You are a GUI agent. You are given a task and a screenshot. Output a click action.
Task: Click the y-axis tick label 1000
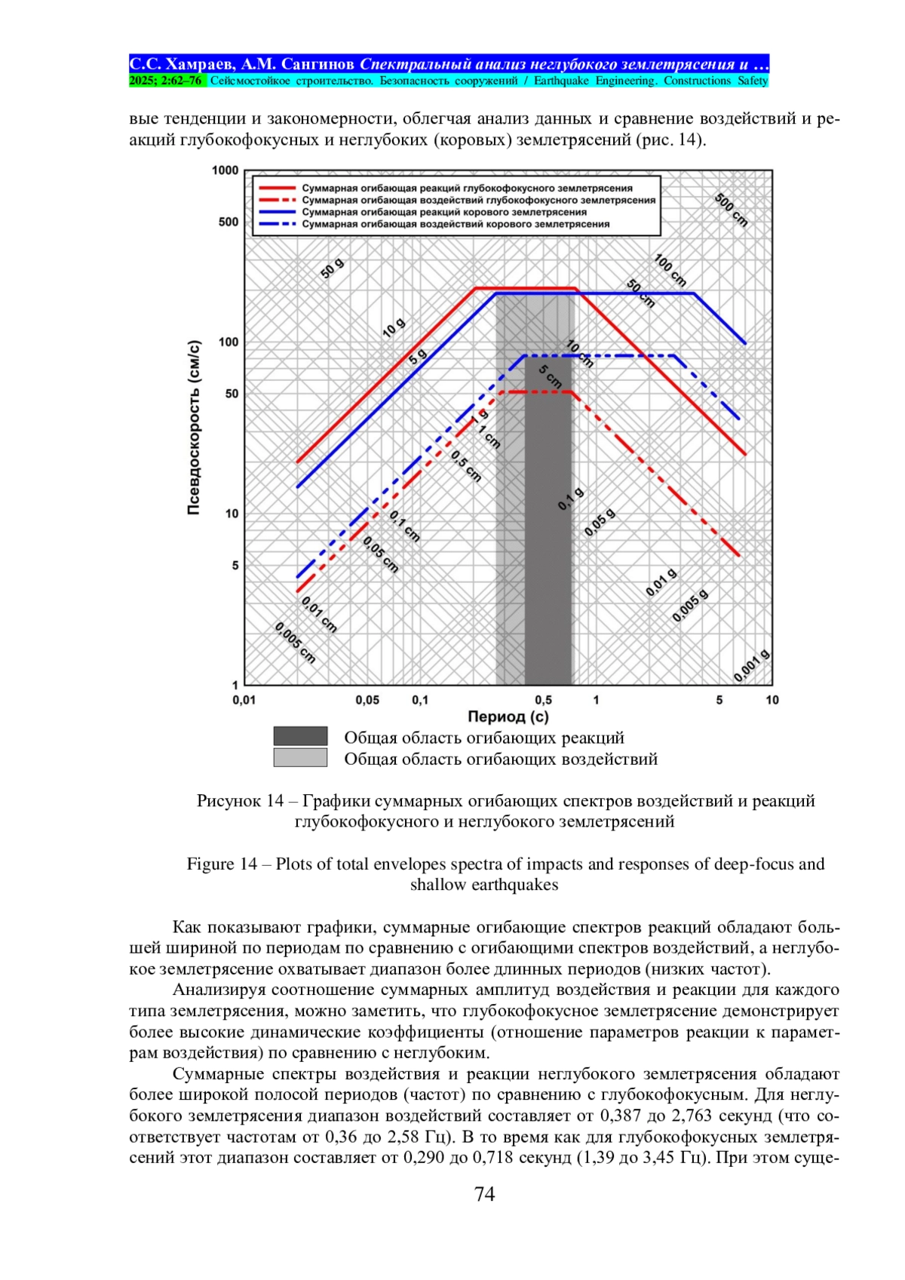[225, 170]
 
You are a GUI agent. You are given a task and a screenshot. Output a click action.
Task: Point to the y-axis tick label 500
[229, 222]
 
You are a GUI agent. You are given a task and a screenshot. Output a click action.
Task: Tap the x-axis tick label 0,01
[244, 700]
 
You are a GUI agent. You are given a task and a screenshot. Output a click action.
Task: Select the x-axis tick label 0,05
[367, 700]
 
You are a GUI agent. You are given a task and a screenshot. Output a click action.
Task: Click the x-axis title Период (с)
[508, 717]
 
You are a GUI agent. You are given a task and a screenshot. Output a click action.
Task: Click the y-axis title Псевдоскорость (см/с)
[194, 428]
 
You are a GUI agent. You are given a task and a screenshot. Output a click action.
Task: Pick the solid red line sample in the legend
[277, 189]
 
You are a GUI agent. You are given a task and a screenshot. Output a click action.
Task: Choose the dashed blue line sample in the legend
[277, 224]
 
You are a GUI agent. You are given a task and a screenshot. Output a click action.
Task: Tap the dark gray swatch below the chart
[300, 736]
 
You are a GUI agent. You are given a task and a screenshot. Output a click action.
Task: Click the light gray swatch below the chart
[300, 757]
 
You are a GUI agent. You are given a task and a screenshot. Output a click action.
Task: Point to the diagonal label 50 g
[333, 269]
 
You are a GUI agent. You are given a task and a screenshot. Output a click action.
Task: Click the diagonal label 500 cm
[731, 210]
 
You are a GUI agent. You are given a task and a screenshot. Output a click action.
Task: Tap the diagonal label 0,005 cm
[295, 643]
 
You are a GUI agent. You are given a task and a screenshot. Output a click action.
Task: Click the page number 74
[484, 1193]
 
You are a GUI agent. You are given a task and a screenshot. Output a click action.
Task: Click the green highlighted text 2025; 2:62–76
[166, 81]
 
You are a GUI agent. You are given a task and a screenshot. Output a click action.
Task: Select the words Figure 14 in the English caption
[222, 864]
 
